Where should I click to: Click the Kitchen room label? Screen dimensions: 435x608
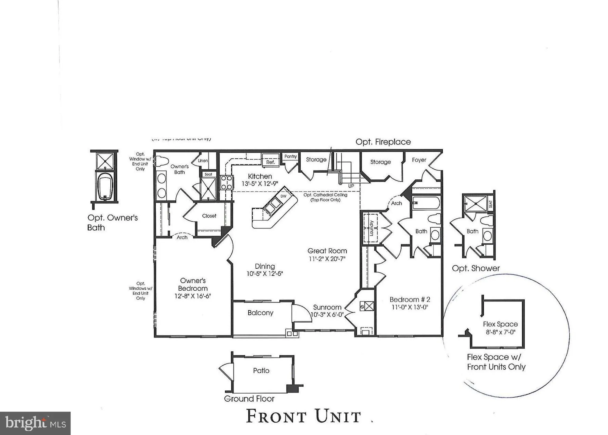tap(260, 176)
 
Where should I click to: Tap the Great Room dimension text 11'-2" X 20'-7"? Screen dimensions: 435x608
tap(327, 259)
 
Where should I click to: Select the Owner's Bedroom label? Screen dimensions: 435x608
tap(193, 285)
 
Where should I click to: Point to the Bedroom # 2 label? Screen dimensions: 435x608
tap(410, 299)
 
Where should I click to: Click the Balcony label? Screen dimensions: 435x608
tap(260, 313)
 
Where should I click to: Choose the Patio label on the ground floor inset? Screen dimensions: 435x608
tap(261, 371)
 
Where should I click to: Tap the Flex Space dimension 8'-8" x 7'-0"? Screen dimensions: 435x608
tap(500, 332)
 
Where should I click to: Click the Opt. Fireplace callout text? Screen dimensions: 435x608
tap(383, 142)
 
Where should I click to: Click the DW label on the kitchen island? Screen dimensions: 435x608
tap(283, 196)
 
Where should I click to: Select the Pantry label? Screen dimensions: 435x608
tap(291, 156)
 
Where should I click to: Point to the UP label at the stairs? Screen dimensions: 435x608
tap(351, 186)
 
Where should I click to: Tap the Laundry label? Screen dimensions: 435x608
tap(371, 228)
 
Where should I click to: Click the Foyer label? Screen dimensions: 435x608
tap(419, 160)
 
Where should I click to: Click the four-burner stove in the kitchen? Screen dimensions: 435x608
tap(226, 182)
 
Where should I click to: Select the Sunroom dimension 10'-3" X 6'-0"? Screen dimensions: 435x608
tap(327, 315)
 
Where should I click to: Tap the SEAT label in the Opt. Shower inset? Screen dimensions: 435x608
tap(490, 204)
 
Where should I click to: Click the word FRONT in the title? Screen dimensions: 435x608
tap(276, 416)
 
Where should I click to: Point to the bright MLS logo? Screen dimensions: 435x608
tap(35, 423)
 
